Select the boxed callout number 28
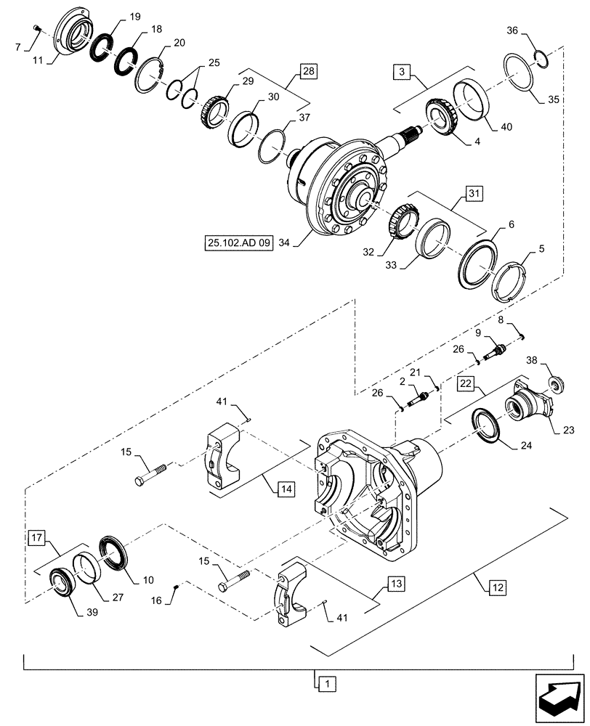click(x=310, y=71)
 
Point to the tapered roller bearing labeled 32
click(x=400, y=220)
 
